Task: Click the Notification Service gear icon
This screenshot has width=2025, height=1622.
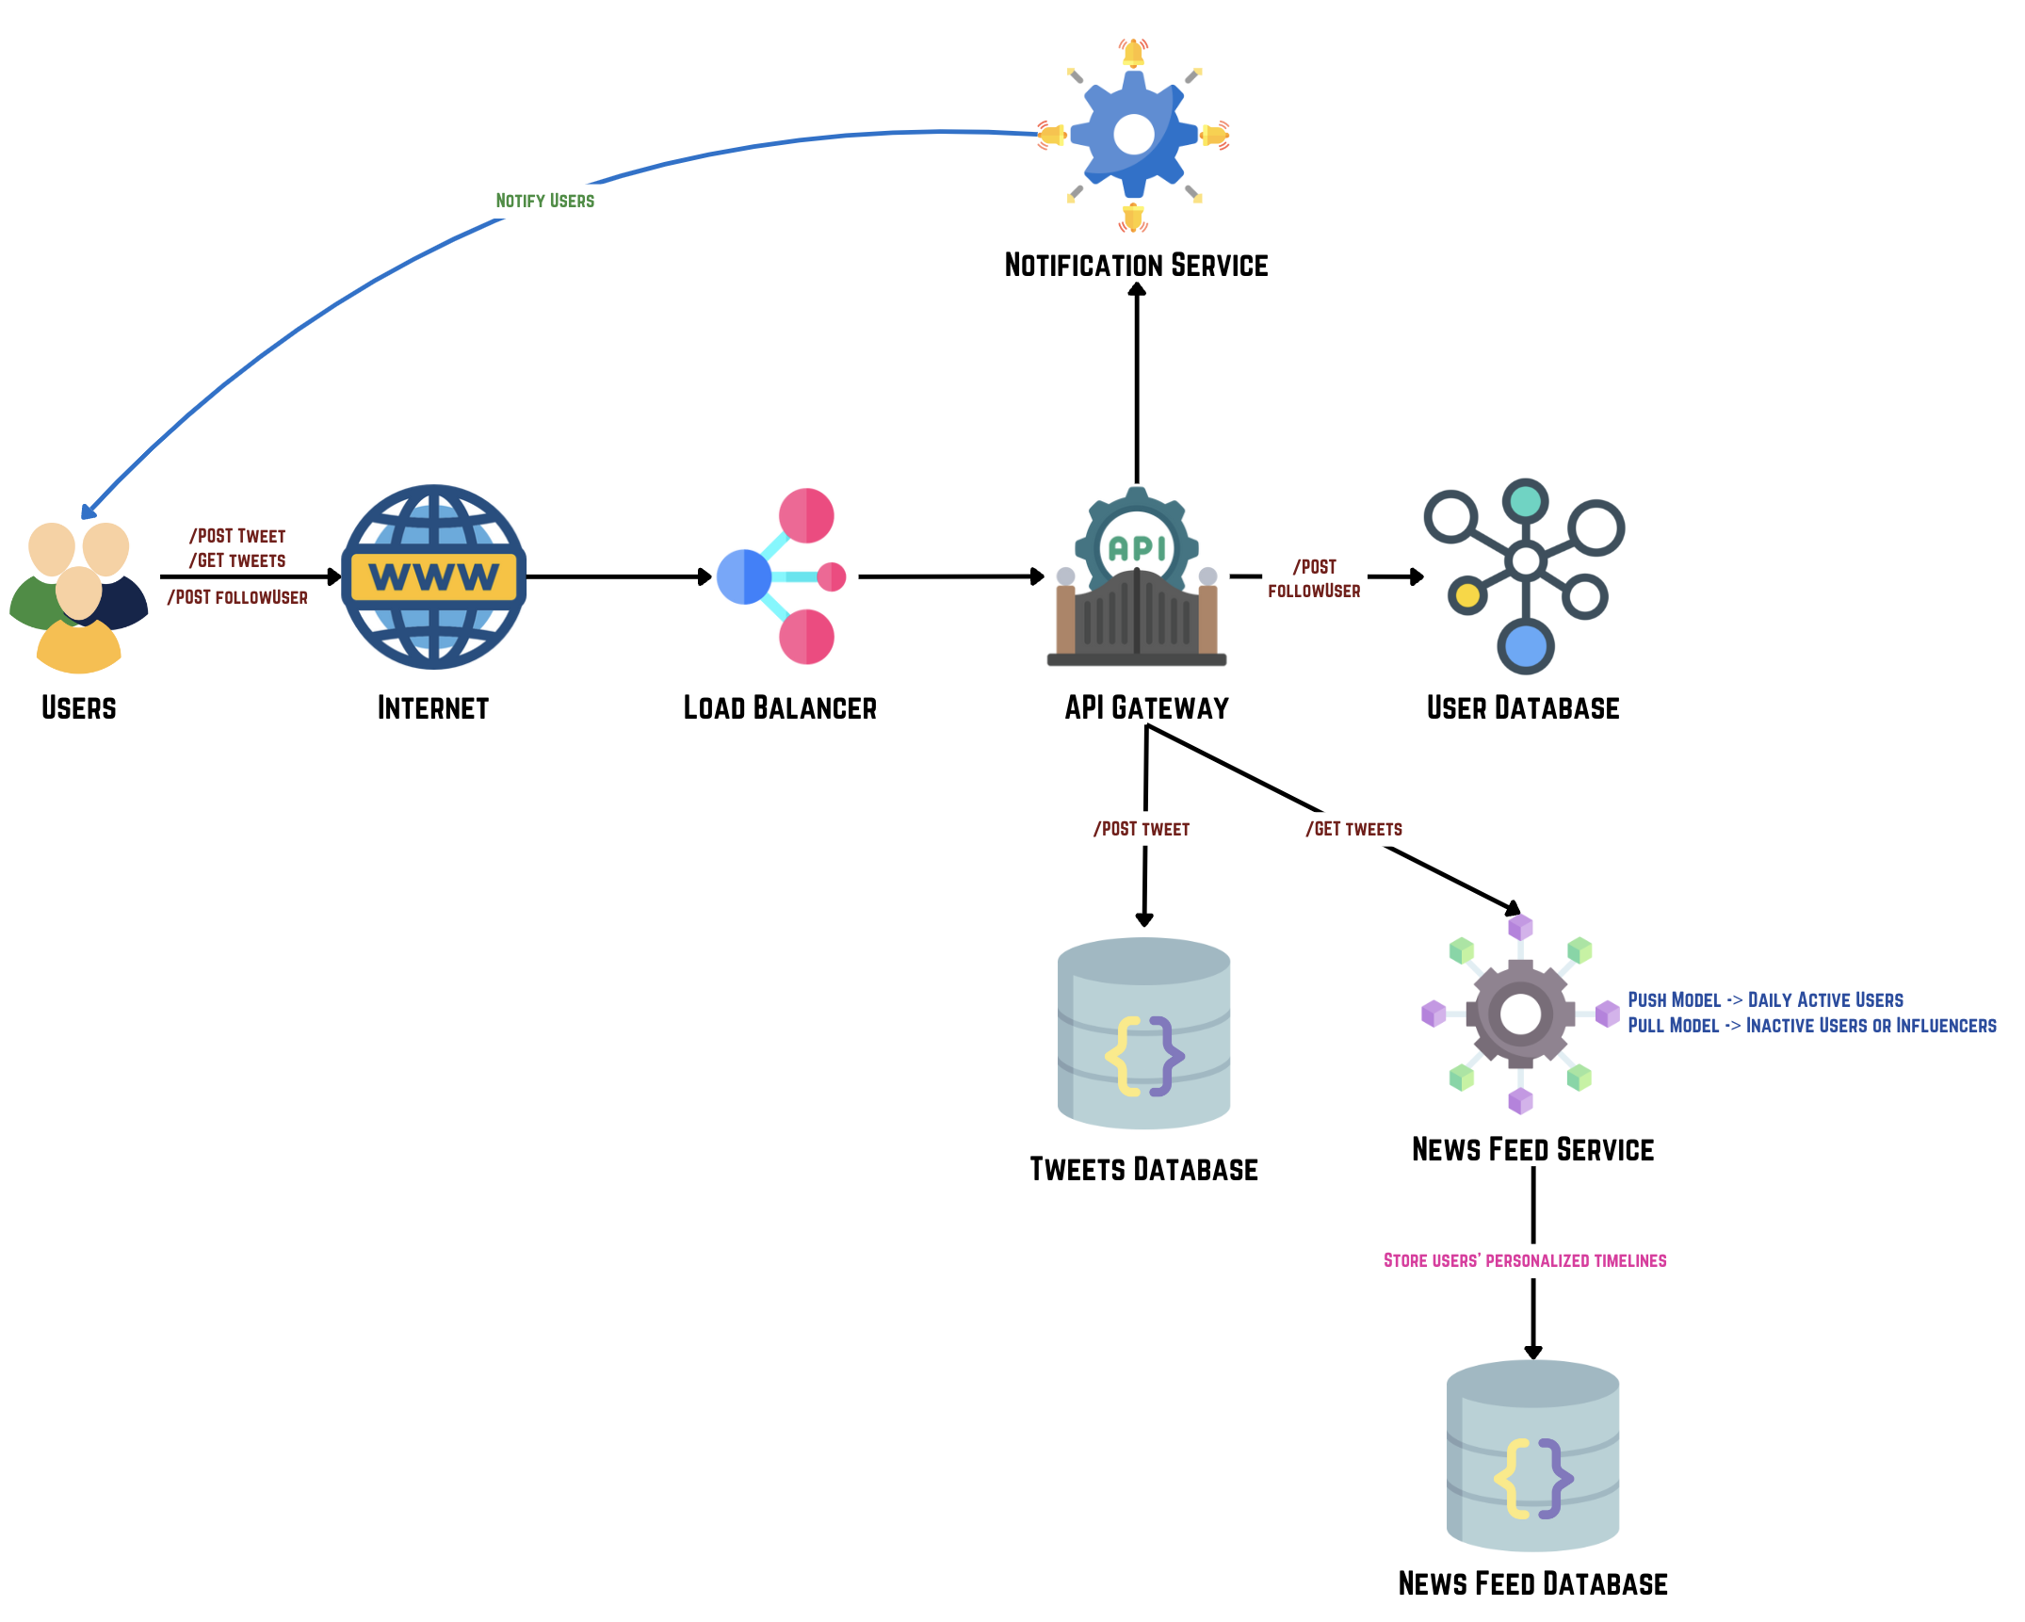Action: pos(1134,135)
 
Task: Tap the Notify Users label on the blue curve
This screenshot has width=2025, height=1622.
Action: pos(544,201)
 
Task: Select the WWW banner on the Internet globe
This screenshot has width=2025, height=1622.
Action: pos(433,576)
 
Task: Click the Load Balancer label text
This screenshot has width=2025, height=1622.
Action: pos(780,707)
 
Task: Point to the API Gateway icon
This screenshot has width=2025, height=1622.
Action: pos(1137,579)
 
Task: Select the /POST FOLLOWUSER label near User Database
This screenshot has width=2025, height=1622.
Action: pos(1314,578)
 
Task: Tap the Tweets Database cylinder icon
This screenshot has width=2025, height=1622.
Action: pos(1143,1033)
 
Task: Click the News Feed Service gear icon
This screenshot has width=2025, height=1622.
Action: pos(1520,1014)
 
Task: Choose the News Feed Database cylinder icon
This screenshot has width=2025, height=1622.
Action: pos(1532,1455)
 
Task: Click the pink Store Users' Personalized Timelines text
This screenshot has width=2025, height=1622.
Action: pos(1524,1260)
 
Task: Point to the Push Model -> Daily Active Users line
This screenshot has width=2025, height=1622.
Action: pos(1765,999)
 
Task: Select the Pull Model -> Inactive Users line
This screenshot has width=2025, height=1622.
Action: pos(1811,1025)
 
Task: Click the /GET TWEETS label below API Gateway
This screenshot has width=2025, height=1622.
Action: pos(1353,829)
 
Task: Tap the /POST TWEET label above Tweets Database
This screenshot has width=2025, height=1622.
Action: pos(1142,829)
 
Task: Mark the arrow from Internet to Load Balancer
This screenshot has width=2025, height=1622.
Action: pos(617,576)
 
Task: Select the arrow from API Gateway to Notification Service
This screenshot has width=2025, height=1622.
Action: pos(1137,386)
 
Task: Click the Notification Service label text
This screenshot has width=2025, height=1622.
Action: pos(1136,266)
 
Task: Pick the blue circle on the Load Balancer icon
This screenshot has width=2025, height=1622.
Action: pos(743,576)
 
